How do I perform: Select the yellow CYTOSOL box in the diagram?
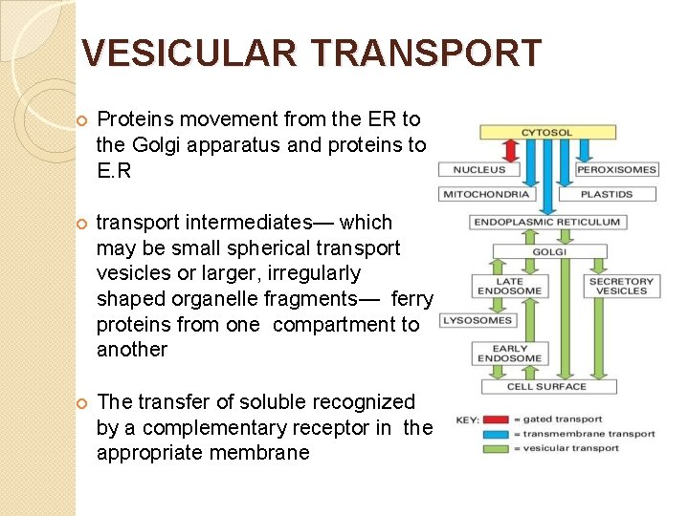pos(547,132)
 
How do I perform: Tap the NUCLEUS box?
pos(478,169)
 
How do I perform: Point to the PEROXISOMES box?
pos(616,169)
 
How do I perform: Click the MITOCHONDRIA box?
pos(485,194)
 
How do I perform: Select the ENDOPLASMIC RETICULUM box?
pos(546,222)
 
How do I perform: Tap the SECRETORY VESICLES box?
pos(621,286)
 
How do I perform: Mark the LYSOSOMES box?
pos(478,320)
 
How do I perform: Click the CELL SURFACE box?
pos(547,386)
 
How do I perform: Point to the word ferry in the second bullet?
pos(412,299)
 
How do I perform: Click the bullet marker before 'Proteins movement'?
pos(81,119)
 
